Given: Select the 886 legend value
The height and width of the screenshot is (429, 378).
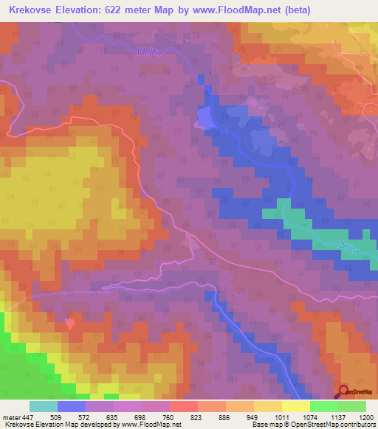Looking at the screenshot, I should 226,417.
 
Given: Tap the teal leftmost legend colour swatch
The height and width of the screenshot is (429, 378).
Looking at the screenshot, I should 44,406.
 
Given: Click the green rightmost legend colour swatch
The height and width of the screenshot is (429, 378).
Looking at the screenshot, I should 351,406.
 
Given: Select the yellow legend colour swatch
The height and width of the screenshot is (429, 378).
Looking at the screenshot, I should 295,406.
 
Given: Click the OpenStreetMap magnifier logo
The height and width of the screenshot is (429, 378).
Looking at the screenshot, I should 344,391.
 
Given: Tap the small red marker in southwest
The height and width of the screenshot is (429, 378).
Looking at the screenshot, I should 70,322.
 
